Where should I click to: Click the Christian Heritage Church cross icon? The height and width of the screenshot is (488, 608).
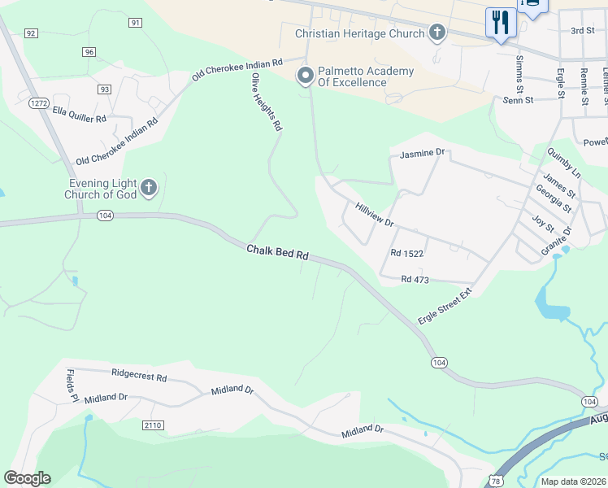pyautogui.click(x=437, y=33)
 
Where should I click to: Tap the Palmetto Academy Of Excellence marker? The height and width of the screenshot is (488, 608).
pyautogui.click(x=306, y=76)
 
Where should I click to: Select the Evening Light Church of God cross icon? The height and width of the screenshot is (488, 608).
pyautogui.click(x=148, y=189)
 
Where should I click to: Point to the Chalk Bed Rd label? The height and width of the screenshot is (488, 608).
pyautogui.click(x=278, y=254)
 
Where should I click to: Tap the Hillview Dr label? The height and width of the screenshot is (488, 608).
pyautogui.click(x=374, y=215)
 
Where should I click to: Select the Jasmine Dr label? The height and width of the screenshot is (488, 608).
pyautogui.click(x=423, y=153)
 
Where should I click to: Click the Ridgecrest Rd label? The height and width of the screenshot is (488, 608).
pyautogui.click(x=139, y=378)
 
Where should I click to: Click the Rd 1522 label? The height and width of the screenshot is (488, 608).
pyautogui.click(x=407, y=254)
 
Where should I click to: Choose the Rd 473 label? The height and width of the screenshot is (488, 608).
pyautogui.click(x=415, y=280)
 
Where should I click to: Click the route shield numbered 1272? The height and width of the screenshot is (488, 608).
pyautogui.click(x=37, y=103)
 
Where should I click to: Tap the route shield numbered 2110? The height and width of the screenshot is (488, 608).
pyautogui.click(x=153, y=425)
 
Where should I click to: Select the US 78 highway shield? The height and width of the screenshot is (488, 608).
pyautogui.click(x=496, y=481)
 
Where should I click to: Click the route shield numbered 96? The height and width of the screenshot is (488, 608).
pyautogui.click(x=89, y=52)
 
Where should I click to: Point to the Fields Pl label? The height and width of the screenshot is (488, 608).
pyautogui.click(x=71, y=386)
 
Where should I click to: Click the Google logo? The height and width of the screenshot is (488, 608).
pyautogui.click(x=27, y=478)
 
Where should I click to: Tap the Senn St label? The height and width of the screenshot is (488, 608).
pyautogui.click(x=518, y=100)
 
